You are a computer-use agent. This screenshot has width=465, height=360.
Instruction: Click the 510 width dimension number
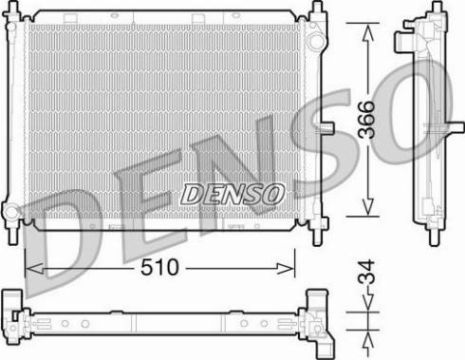click(159, 268)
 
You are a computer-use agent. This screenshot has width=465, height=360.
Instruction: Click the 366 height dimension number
click(366, 120)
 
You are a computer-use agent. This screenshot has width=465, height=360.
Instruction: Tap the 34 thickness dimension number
click(366, 272)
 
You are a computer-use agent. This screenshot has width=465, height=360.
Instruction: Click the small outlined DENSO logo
click(232, 194)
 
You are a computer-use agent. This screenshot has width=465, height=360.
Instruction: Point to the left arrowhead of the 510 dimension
click(34, 269)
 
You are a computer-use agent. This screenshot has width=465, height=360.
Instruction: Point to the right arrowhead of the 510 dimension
click(286, 269)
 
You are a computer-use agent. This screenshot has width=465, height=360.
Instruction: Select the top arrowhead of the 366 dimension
click(367, 32)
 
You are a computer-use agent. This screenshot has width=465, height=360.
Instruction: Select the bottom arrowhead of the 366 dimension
click(367, 207)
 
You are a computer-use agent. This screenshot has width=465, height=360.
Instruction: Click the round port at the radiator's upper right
click(316, 42)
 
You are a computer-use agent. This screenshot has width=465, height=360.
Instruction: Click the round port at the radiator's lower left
click(10, 212)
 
